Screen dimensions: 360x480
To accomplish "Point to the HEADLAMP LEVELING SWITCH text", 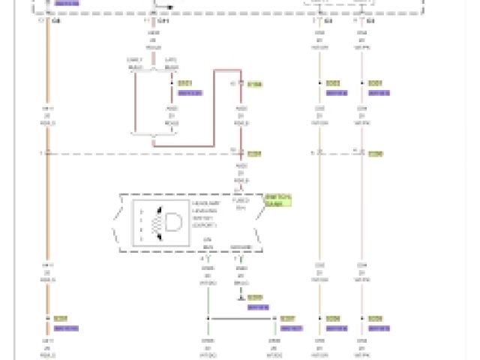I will click(205, 214).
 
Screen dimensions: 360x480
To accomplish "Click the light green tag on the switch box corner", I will click(277, 200).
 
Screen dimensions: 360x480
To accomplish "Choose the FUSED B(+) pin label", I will click(241, 204).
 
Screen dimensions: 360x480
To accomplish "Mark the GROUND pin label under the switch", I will click(241, 246).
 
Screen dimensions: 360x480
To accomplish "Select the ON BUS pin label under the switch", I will click(208, 246).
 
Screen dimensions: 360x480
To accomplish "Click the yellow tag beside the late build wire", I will click(185, 83).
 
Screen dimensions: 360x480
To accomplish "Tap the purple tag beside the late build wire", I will click(190, 93).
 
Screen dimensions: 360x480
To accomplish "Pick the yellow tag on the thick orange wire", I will click(61, 319).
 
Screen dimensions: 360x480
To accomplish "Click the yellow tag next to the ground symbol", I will click(254, 298).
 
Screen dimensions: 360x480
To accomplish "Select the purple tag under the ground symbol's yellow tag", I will click(257, 307).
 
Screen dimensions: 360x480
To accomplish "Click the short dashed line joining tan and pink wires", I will click(340, 154).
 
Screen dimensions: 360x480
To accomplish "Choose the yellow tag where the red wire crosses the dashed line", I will click(254, 154).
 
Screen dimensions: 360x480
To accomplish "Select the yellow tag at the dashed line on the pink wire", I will click(375, 154).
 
